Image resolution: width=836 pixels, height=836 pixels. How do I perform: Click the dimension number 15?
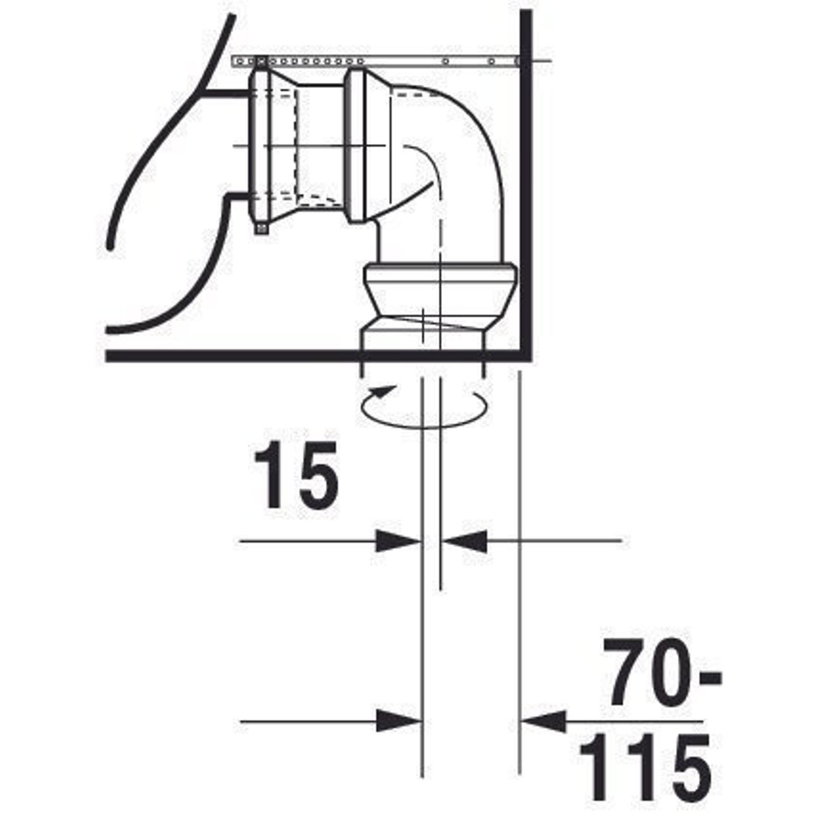(296, 475)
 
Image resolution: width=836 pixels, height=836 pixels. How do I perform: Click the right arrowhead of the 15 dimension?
(464, 541)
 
